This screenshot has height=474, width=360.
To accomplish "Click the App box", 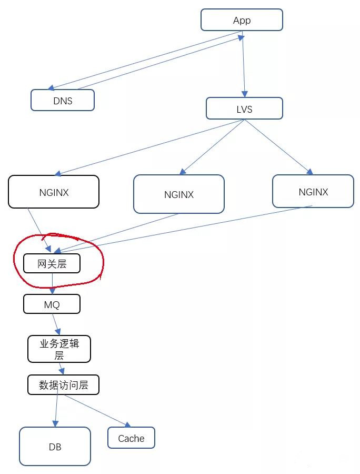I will tap(242, 20).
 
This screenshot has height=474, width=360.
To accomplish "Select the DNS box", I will tap(63, 100).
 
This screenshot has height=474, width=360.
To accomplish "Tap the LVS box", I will tap(244, 108).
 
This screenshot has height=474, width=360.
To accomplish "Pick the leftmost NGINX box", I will tap(54, 192).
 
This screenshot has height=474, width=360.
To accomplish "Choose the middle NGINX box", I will tap(179, 194).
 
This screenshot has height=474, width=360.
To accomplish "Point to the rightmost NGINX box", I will tap(313, 191).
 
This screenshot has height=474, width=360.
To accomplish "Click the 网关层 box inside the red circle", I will tap(52, 263).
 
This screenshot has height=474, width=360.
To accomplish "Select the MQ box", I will tap(52, 304).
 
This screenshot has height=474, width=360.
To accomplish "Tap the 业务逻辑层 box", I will tap(59, 349).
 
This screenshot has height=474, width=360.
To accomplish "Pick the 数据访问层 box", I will tap(63, 385).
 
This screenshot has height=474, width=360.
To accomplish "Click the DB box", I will tap(55, 447).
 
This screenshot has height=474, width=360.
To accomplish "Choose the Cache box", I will tap(131, 438).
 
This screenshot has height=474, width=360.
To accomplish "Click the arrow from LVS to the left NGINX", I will tap(150, 147).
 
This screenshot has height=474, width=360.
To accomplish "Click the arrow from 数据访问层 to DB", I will tap(56, 411).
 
